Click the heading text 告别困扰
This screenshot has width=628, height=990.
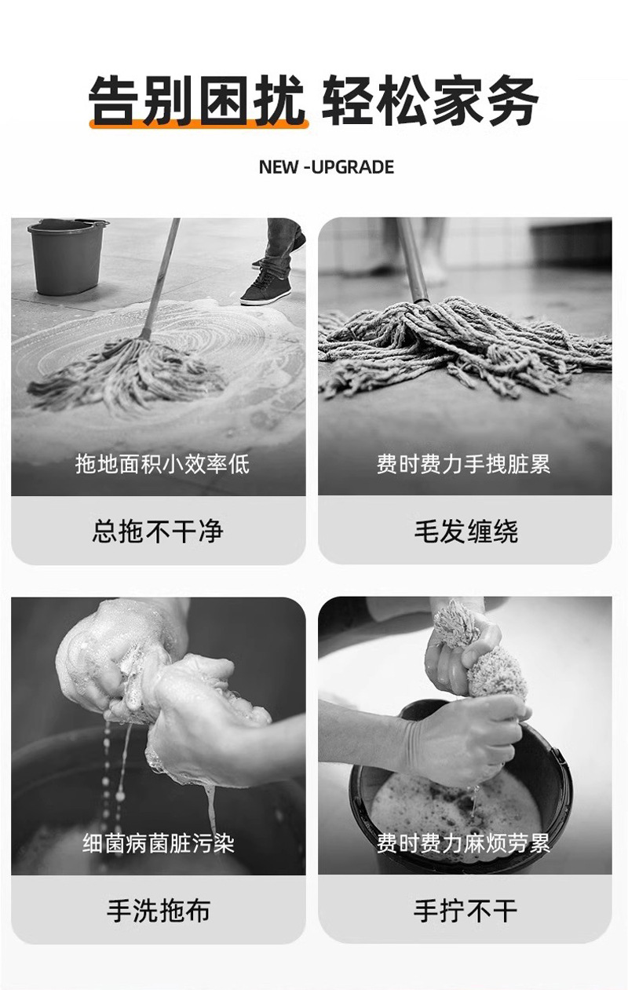click(x=196, y=100)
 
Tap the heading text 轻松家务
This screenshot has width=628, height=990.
click(x=430, y=100)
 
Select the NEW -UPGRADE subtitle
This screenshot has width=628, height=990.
click(x=326, y=167)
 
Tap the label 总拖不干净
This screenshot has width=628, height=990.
click(x=158, y=532)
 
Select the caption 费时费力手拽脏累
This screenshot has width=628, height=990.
click(x=464, y=464)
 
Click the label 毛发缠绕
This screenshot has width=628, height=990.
click(x=466, y=532)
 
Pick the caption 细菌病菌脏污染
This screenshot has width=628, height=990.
click(x=159, y=844)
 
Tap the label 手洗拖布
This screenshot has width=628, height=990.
click(x=158, y=911)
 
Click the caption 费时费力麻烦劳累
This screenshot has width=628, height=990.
click(x=464, y=844)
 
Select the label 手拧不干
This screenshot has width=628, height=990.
click(x=466, y=911)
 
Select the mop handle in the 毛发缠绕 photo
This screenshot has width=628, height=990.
click(x=414, y=259)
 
